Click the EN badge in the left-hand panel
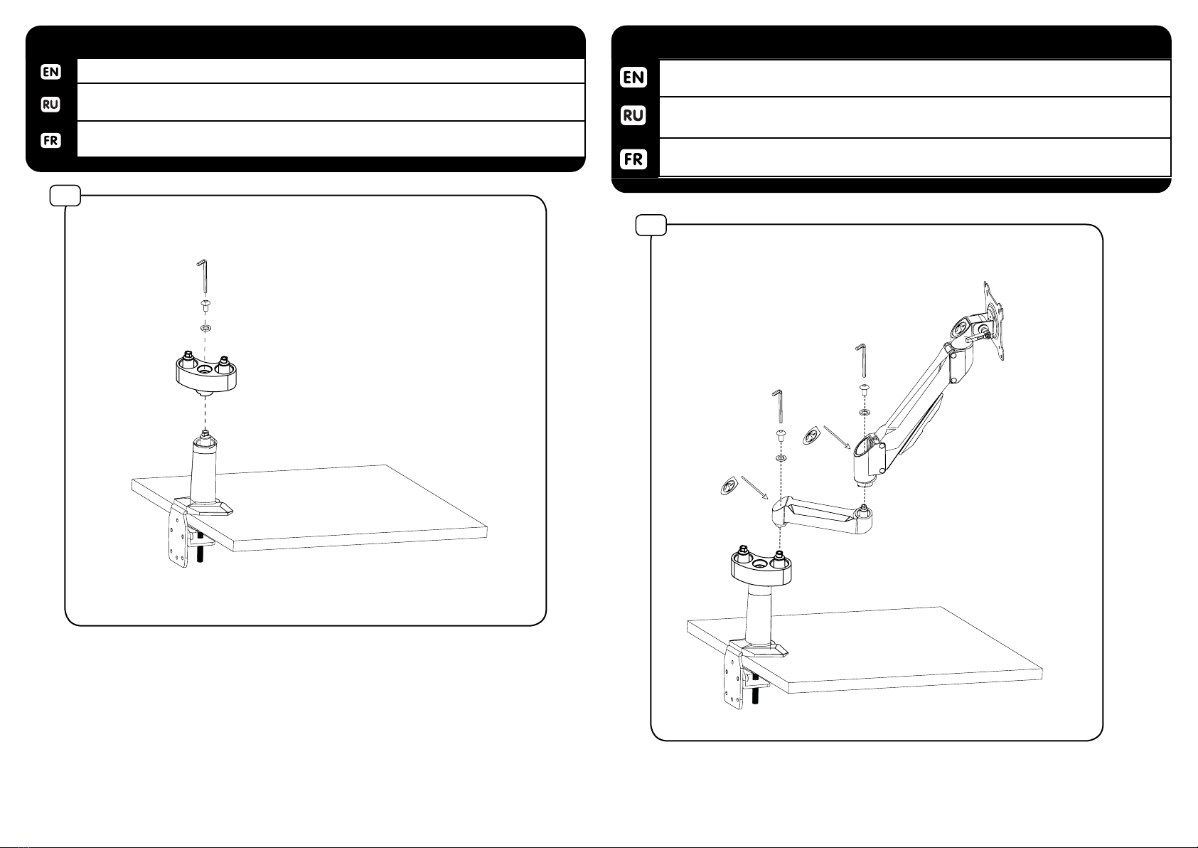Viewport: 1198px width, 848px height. point(50,72)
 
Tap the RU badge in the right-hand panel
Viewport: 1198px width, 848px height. point(633,115)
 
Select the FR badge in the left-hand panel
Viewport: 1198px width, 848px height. point(50,140)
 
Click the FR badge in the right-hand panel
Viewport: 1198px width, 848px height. point(633,159)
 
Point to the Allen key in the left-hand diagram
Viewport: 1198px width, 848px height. point(203,276)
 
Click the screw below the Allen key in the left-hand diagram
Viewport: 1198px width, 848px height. point(205,306)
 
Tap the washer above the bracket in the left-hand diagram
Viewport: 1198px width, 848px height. point(205,327)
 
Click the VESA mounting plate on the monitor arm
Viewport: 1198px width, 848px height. point(993,321)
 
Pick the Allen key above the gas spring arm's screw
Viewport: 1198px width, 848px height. point(862,361)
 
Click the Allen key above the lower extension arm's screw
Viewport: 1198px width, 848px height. point(779,407)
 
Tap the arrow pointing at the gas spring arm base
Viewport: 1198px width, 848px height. point(837,437)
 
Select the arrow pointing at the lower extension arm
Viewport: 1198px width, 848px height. point(754,487)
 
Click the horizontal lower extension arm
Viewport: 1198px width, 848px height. point(821,516)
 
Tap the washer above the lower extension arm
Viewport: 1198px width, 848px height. point(781,458)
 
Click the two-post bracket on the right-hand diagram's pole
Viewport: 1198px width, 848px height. point(761,567)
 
